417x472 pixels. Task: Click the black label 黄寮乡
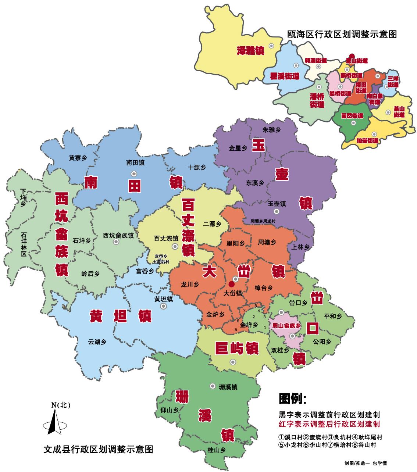pyautogui.click(x=78, y=158)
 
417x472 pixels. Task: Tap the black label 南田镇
pyautogui.click(x=135, y=162)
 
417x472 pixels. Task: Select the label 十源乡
pyautogui.click(x=196, y=167)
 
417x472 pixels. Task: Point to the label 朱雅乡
pyautogui.click(x=272, y=129)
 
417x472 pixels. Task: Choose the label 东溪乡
pyautogui.click(x=255, y=183)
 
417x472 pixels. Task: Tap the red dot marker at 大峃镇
pyautogui.click(x=231, y=284)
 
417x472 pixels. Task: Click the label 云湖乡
pyautogui.click(x=97, y=342)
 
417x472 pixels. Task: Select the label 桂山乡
pyautogui.click(x=217, y=449)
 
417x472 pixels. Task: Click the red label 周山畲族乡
pyautogui.click(x=286, y=326)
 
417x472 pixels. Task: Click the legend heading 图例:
pyautogui.click(x=293, y=398)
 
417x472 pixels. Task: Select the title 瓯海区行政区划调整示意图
pyautogui.click(x=342, y=35)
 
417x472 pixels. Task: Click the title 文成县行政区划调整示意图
pyautogui.click(x=98, y=449)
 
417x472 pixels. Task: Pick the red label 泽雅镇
pyautogui.click(x=250, y=50)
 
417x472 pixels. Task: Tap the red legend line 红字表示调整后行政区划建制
pyautogui.click(x=329, y=424)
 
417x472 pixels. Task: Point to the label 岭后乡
pyautogui.click(x=90, y=273)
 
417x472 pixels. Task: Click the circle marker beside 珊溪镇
pyautogui.click(x=212, y=386)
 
